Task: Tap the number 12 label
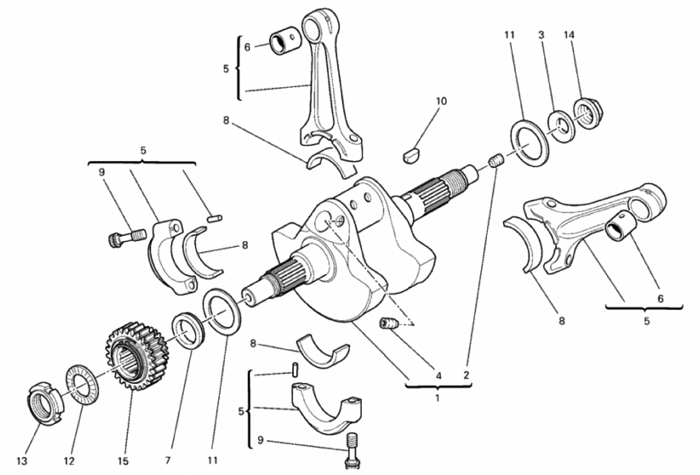pos(69,461)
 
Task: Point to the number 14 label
pos(569,35)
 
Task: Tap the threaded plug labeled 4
pos(389,324)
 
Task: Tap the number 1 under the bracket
pos(437,398)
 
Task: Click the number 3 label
pos(541,35)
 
